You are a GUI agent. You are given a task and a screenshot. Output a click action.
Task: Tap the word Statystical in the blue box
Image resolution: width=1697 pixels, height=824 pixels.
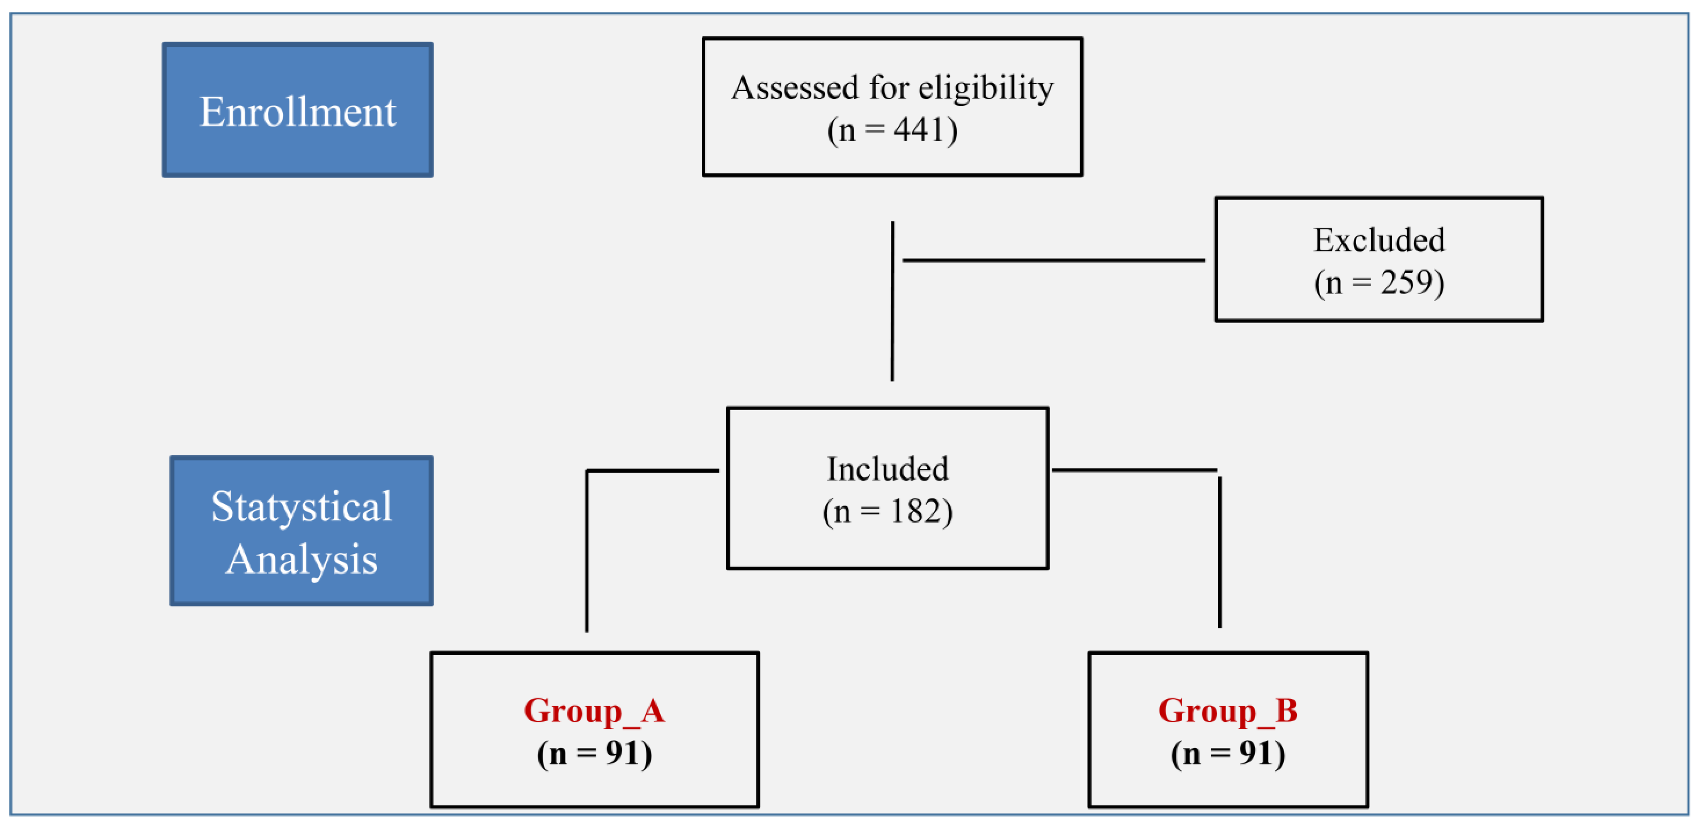301,507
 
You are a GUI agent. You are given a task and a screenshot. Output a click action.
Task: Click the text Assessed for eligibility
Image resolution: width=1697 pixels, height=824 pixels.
892,88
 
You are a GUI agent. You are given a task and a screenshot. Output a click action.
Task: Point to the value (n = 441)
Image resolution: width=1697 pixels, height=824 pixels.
892,130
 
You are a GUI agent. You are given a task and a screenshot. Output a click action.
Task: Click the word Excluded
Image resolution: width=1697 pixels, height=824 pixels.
1379,240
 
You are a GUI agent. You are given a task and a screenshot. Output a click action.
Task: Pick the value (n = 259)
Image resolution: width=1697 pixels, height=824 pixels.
1379,283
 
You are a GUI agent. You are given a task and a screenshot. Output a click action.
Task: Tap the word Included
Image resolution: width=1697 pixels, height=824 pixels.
887,469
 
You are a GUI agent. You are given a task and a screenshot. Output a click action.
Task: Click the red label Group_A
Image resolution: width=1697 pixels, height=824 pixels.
594,711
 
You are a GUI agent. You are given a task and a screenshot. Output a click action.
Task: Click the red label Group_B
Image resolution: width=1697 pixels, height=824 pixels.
1228,711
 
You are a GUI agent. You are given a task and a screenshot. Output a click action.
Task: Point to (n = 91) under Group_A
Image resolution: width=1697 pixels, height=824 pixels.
594,753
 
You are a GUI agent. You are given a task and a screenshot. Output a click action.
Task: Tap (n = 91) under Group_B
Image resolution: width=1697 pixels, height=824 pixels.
1228,753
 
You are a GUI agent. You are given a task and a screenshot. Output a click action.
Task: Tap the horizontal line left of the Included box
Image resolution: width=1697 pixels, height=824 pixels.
652,470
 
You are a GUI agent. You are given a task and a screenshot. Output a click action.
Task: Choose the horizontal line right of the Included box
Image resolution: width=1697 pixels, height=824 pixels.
1133,470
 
